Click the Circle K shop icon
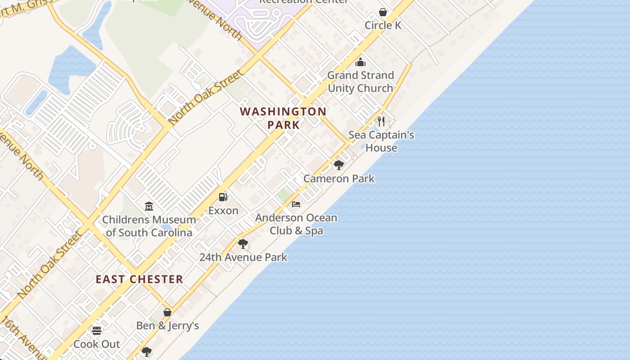click(383, 12)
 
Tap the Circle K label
click(383, 25)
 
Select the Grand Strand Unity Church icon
click(360, 62)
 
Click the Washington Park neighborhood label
click(283, 118)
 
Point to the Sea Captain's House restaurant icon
click(381, 121)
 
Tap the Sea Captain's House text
click(381, 141)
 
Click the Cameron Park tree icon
click(339, 165)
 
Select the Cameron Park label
click(339, 179)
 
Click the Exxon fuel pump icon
click(223, 197)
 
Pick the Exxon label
click(223, 211)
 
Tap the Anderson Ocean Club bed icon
click(296, 204)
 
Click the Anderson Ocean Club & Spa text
click(296, 224)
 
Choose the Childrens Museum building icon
click(149, 207)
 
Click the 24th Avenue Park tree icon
click(243, 244)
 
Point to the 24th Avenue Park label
click(243, 257)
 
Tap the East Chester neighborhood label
click(139, 279)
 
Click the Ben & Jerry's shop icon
click(167, 312)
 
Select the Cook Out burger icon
click(97, 331)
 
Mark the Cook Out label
click(97, 344)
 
